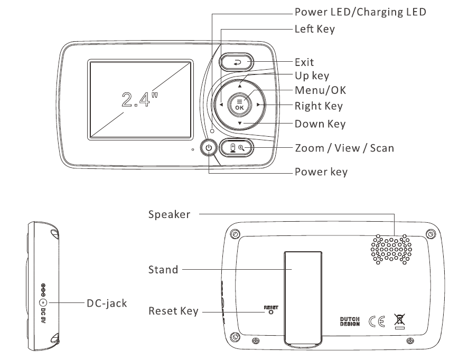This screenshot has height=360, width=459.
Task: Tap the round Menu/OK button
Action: click(239, 105)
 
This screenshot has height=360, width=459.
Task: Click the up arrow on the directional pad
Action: click(239, 85)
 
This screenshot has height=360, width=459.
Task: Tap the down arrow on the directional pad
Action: click(239, 124)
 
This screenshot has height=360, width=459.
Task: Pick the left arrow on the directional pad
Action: click(220, 105)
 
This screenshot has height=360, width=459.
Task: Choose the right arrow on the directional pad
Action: click(258, 105)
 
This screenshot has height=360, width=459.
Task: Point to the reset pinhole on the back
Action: click(271, 312)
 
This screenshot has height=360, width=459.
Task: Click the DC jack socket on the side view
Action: click(44, 303)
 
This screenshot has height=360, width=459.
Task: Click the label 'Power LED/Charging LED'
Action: click(360, 12)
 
